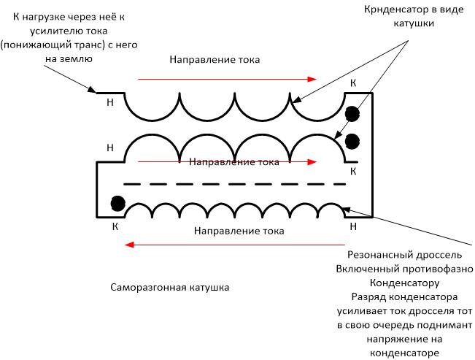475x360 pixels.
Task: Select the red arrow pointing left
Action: [x=235, y=245]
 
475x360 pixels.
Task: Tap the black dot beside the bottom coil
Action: [x=118, y=203]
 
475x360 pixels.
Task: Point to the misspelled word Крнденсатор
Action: [x=392, y=10]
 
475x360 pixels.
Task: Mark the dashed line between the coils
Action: [x=235, y=184]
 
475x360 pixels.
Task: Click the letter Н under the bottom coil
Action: [x=353, y=226]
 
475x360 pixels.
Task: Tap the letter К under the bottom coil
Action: [x=115, y=226]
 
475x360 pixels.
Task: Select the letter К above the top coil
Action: [x=353, y=83]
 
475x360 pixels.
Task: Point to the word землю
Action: [x=76, y=58]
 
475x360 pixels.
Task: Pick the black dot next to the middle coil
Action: [x=352, y=142]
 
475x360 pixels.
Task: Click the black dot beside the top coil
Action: [x=352, y=114]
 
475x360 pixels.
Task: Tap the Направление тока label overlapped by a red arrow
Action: [x=234, y=162]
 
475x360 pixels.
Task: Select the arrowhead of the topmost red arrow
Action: [x=312, y=79]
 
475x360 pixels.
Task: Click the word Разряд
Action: [x=366, y=297]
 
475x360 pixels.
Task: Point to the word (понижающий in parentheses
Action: [x=35, y=45]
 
